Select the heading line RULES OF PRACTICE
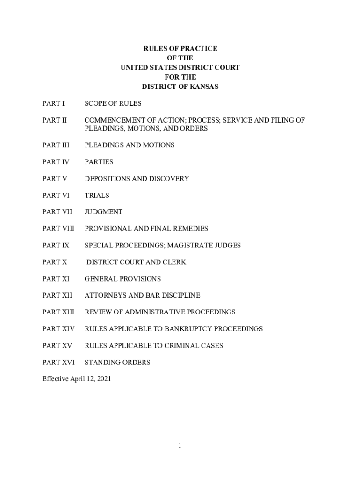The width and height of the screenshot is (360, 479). (x=180, y=49)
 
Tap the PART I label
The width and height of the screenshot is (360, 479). (x=54, y=103)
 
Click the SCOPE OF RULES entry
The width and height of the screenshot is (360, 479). (x=113, y=103)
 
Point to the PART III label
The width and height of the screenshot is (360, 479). (x=56, y=145)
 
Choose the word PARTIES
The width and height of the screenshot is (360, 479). (x=99, y=162)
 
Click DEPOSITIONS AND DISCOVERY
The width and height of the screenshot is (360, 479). (x=137, y=179)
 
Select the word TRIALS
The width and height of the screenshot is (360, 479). (x=97, y=196)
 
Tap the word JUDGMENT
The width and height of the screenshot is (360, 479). (x=103, y=212)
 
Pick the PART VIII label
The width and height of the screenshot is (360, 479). (x=58, y=229)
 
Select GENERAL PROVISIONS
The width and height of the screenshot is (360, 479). (x=122, y=279)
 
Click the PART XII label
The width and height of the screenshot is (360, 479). (x=57, y=296)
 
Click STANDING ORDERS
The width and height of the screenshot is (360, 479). (x=117, y=363)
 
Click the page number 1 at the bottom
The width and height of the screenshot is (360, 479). (x=180, y=446)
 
